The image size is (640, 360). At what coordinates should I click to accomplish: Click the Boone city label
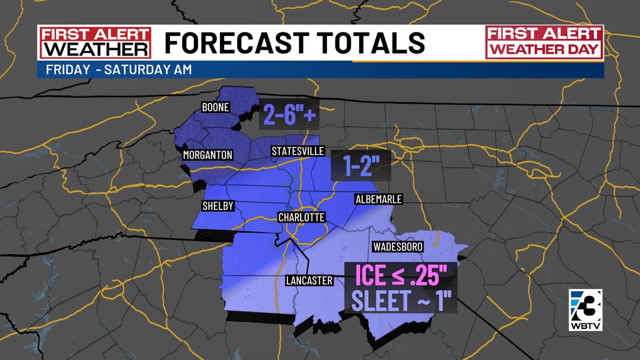[215, 107]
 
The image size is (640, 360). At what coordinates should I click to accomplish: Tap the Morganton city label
[208, 155]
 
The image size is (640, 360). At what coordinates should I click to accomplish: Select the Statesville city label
[298, 151]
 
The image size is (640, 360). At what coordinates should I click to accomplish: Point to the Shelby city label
[218, 206]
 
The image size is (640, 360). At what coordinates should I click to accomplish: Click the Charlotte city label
[301, 218]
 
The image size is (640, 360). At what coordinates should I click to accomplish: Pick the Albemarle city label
[379, 199]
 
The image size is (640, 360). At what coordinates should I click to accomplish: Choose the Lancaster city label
[309, 281]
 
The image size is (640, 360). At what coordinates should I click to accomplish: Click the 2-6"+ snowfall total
[289, 114]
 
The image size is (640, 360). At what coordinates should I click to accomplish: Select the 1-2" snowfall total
[361, 166]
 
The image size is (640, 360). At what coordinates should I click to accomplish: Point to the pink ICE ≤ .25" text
[401, 275]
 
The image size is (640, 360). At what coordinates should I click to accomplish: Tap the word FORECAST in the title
[236, 43]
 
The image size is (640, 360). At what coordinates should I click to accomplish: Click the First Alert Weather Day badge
[544, 42]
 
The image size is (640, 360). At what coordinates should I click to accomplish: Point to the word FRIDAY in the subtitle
[68, 70]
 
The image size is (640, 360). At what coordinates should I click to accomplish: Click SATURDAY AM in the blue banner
[148, 70]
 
